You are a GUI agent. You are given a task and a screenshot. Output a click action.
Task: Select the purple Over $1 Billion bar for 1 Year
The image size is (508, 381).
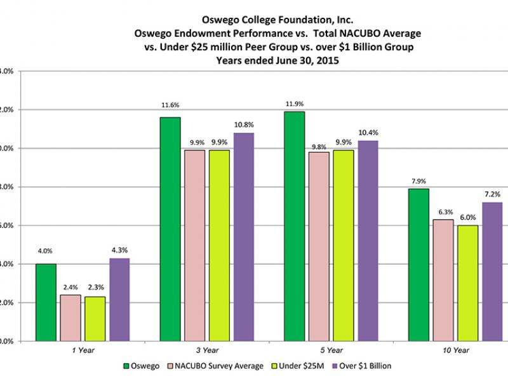[x=119, y=299]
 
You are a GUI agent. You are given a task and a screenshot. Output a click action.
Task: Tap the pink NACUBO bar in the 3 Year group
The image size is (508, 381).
[x=194, y=245]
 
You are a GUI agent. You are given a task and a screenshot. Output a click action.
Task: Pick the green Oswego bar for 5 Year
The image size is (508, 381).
[x=294, y=226]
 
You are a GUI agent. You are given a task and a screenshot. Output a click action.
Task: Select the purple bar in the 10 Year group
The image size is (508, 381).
[x=492, y=271]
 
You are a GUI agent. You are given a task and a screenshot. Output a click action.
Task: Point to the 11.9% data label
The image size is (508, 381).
[x=294, y=104]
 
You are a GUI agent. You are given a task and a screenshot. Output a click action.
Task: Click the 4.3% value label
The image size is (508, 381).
[x=119, y=250]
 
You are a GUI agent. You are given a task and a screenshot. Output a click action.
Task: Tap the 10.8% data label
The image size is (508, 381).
[x=244, y=125]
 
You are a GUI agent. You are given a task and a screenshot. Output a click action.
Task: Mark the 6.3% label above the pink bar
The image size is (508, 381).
[x=443, y=212]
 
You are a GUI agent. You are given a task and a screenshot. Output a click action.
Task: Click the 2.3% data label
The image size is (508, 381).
[x=95, y=288]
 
